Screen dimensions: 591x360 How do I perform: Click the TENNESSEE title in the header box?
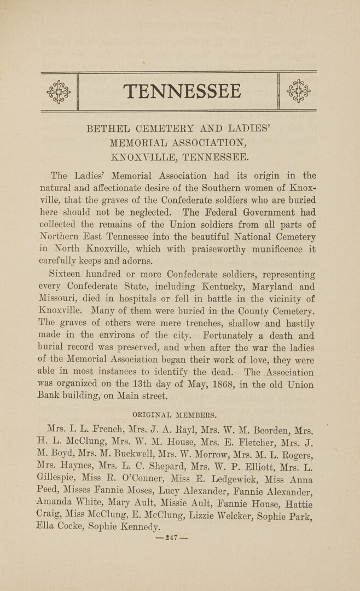[182, 91]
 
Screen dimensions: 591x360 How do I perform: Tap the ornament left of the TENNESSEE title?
[59, 91]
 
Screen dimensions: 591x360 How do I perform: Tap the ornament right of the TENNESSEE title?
[298, 91]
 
